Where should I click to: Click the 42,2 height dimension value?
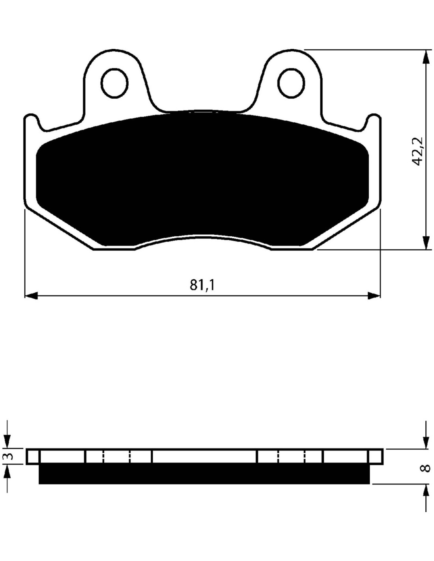tap(417, 151)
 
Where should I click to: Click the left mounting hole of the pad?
tap(115, 83)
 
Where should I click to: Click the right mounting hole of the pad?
tap(291, 83)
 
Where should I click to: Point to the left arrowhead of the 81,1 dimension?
tap(31, 295)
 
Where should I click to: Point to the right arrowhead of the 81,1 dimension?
tap(374, 295)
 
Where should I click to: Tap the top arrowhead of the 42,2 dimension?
tap(427, 56)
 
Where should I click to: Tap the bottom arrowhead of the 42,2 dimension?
tap(427, 243)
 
